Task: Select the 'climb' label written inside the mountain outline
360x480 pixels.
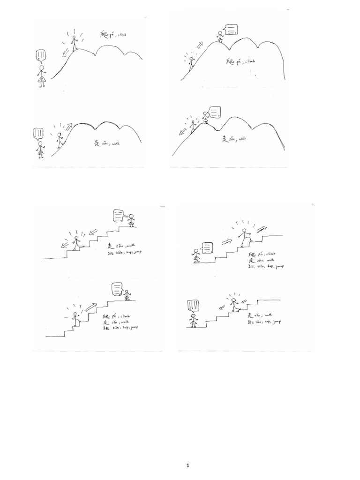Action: pyautogui.click(x=249, y=61)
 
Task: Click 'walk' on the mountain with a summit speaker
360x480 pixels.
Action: pyautogui.click(x=244, y=139)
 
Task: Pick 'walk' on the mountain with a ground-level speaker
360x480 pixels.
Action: pyautogui.click(x=113, y=142)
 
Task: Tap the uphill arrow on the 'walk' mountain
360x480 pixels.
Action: pyautogui.click(x=70, y=127)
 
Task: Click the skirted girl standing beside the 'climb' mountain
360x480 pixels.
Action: pyautogui.click(x=42, y=76)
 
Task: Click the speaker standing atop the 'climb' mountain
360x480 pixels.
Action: pyautogui.click(x=220, y=37)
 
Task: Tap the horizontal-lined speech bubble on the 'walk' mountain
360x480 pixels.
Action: pyautogui.click(x=216, y=112)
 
